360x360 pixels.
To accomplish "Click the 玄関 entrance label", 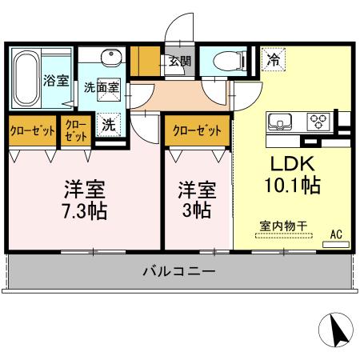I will point(179,61).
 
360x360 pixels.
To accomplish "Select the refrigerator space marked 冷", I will point(274,58).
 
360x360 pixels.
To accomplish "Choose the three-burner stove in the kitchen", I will point(319,122).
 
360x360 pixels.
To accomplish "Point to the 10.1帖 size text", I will point(292,186).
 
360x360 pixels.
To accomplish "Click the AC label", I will point(337,234).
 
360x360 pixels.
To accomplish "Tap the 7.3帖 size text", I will point(86,212).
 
